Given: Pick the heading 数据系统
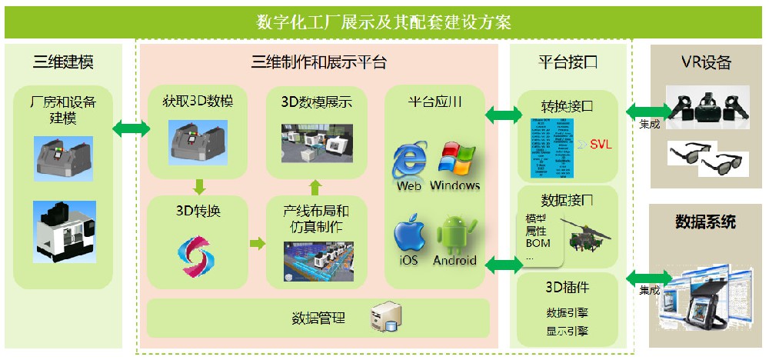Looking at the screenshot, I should coord(705,222).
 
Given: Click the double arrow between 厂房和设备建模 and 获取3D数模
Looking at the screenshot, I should coord(131,128).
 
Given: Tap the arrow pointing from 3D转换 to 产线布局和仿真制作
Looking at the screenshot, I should coord(256,243).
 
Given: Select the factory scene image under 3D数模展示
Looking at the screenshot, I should coord(314,145).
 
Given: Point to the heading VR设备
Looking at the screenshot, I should coord(705,62).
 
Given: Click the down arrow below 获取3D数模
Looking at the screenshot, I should coord(198,185).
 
